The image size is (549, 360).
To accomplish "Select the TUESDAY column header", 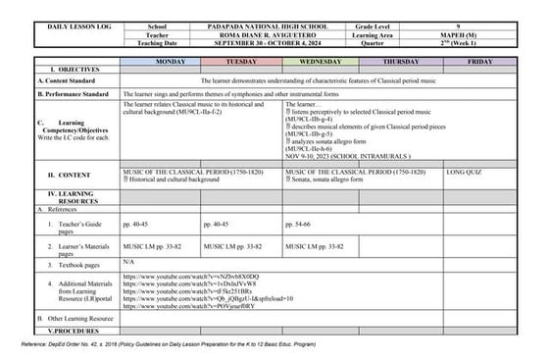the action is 241,62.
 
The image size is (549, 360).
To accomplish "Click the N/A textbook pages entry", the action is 128,262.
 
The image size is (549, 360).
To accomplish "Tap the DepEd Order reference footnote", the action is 188,345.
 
